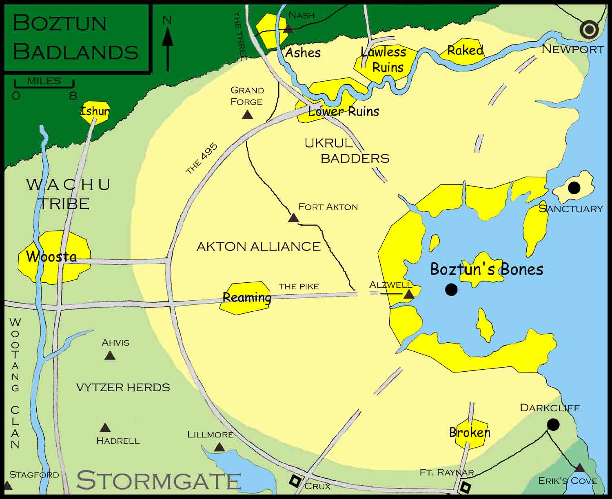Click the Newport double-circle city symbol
(x=590, y=30)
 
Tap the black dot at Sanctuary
(x=574, y=188)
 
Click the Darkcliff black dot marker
(x=553, y=425)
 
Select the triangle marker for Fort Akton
(x=293, y=218)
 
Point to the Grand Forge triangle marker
(x=247, y=115)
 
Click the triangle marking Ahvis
(x=109, y=356)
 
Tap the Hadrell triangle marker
(x=105, y=428)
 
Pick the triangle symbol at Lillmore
(x=220, y=448)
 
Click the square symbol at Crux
(x=295, y=481)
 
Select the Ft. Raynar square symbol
(x=466, y=487)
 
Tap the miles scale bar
(x=44, y=85)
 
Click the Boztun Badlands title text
(x=76, y=38)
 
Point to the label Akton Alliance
(x=258, y=247)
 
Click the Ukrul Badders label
(x=347, y=151)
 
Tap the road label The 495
(x=202, y=158)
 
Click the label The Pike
(x=299, y=286)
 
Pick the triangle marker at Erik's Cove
(x=579, y=468)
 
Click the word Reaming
(x=246, y=297)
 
